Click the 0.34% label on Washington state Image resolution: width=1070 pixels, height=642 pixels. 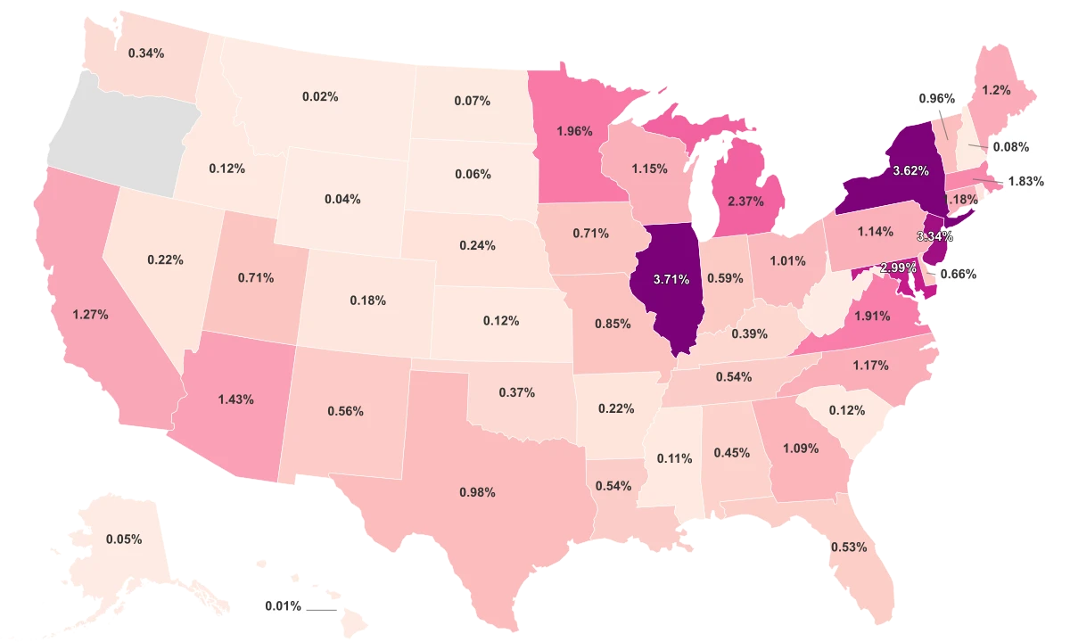145,53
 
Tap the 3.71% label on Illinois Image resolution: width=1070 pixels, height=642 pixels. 671,279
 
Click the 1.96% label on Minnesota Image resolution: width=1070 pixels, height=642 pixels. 573,131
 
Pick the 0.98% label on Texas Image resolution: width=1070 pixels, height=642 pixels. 477,492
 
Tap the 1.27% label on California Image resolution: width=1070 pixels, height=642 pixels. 90,314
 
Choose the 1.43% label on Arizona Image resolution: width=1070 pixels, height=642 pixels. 235,397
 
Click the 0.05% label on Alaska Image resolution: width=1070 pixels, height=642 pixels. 123,539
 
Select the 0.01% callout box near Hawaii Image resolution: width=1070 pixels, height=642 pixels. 284,607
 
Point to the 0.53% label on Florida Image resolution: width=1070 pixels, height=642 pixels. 848,547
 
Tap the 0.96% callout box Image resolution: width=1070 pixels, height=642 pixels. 936,98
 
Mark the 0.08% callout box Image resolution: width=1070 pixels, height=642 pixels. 1011,146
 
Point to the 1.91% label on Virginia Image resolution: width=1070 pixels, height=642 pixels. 873,315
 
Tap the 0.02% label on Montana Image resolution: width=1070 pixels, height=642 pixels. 320,95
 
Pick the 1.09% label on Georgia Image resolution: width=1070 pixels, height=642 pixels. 800,449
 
